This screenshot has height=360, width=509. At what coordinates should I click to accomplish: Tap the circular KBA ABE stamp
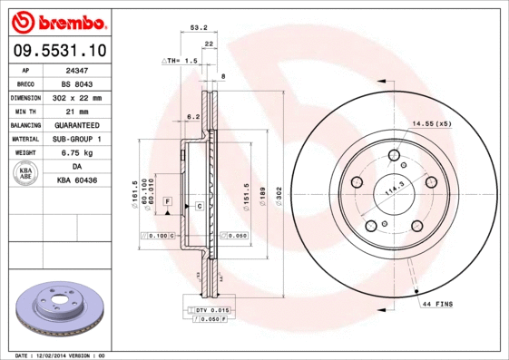pos(26,174)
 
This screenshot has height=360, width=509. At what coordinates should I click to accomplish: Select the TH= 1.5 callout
pos(180,61)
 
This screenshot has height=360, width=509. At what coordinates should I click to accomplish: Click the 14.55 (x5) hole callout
pos(432,122)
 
